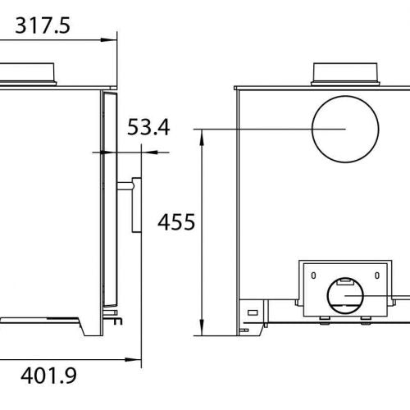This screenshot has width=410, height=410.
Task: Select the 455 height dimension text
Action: tap(175, 222)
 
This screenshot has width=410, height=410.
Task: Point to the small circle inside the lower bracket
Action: tap(345, 296)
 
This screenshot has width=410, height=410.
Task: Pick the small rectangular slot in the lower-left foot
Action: tap(253, 312)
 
